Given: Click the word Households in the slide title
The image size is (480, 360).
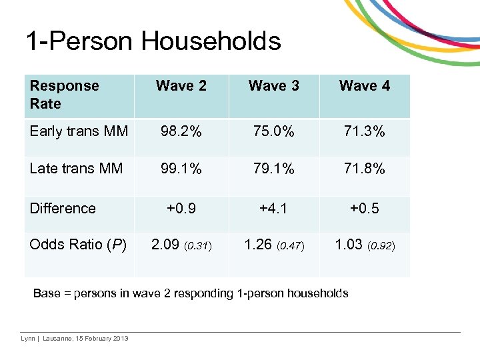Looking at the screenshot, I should [211, 41].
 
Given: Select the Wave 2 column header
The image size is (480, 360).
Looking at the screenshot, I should [181, 86].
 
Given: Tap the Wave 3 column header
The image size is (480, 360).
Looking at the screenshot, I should [273, 86].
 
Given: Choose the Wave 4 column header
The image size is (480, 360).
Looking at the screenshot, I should [365, 86].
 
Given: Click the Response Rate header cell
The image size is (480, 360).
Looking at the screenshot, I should [64, 95].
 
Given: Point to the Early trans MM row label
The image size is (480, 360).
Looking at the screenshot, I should [79, 131].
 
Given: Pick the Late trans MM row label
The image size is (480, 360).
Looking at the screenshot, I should [76, 169].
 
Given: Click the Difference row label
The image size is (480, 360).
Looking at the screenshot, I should [63, 208].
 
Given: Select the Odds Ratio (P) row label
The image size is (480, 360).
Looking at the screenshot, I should [78, 245].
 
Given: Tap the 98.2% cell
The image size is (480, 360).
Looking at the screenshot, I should [181, 131].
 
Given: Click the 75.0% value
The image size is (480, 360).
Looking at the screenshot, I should [273, 131].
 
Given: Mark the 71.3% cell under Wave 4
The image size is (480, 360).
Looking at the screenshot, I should [365, 131].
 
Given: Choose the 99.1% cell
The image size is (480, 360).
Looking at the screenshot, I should [181, 169].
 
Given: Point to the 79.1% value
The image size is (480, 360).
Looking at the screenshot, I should [273, 169].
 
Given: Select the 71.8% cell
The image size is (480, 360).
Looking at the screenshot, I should [365, 169].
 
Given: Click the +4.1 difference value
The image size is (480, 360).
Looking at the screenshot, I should [273, 208].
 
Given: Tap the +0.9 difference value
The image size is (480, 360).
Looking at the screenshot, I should [181, 208].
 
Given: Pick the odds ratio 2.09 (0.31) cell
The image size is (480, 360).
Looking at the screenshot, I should [181, 245].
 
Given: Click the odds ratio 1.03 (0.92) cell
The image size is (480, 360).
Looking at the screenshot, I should [365, 245].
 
